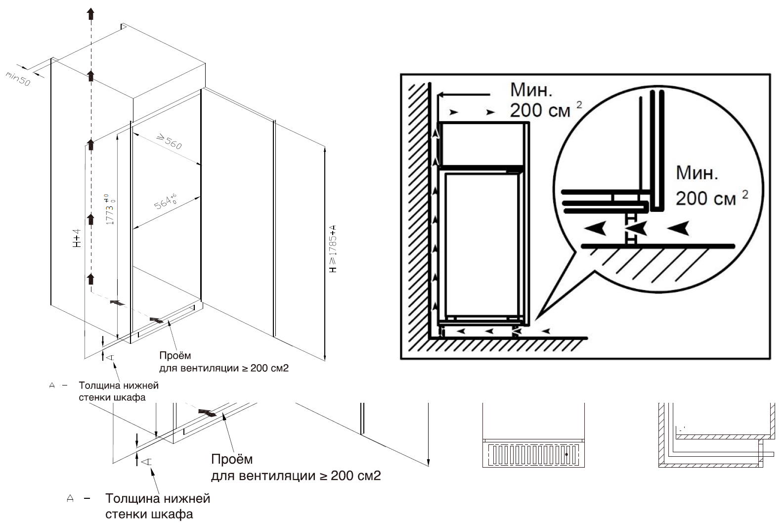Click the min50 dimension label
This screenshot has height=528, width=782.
click(x=18, y=78)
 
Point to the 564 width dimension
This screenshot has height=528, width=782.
click(x=165, y=202)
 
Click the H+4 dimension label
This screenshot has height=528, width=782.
click(x=76, y=238)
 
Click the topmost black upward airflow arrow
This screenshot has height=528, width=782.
click(x=90, y=13)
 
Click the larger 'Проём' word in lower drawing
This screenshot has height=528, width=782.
click(x=231, y=459)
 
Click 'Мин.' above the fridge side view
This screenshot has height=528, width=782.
click(x=531, y=90)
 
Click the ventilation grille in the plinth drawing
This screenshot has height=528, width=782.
click(x=533, y=454)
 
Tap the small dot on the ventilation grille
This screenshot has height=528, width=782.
click(x=566, y=454)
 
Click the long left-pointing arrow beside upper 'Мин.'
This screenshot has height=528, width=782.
click(x=465, y=94)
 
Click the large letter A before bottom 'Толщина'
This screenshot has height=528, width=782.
click(x=70, y=498)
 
